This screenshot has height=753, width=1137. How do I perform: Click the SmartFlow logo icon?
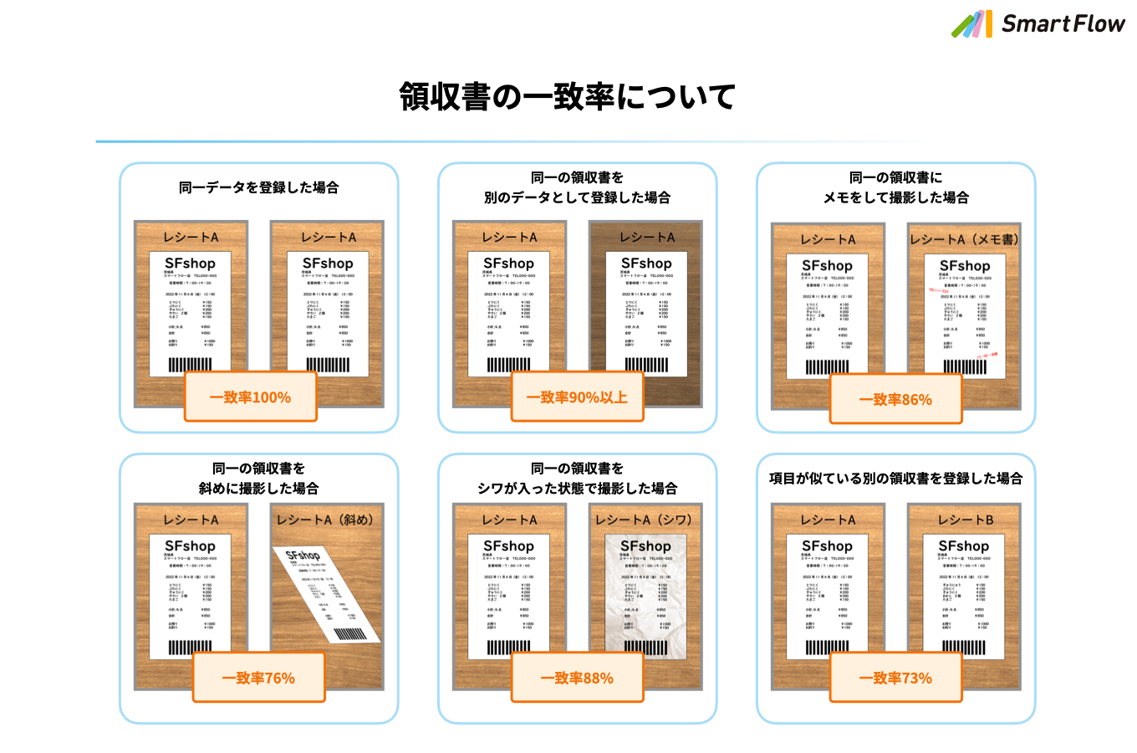[971, 24]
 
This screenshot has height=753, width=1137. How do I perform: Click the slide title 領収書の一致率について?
[568, 96]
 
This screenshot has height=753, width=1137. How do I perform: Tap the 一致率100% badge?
[250, 397]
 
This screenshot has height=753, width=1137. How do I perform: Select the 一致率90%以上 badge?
[577, 397]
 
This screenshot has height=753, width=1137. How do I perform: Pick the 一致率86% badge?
[895, 399]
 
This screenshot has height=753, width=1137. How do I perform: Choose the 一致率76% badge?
[258, 678]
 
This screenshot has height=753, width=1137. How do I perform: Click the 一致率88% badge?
[577, 678]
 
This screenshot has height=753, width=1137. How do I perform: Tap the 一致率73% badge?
[895, 678]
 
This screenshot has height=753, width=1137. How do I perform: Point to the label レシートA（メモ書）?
[964, 239]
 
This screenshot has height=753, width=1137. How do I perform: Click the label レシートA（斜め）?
[325, 520]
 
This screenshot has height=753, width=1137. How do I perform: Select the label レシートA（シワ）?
[644, 520]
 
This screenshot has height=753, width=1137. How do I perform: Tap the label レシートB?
[965, 520]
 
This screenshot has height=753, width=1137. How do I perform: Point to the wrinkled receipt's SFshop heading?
[645, 546]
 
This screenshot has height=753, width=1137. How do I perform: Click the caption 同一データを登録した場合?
[258, 187]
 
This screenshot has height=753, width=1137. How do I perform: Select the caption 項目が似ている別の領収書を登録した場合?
[895, 479]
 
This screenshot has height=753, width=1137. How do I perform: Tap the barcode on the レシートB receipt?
[964, 647]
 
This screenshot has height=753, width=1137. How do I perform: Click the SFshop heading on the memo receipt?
[965, 266]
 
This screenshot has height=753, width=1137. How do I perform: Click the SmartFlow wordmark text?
[1063, 24]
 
